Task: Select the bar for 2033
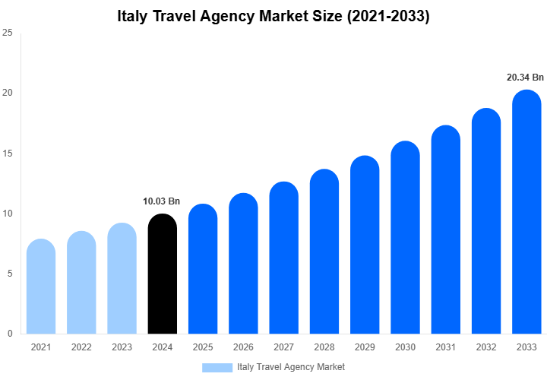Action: point(526,213)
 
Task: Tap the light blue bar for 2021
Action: point(41,287)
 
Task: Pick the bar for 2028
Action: point(324,252)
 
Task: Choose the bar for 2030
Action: point(405,238)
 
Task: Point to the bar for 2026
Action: point(243,264)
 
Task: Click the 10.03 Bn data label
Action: point(162,201)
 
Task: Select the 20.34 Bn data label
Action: point(526,78)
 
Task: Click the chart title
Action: point(273,16)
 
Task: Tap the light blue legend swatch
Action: point(217,367)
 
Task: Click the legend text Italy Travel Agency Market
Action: point(291,367)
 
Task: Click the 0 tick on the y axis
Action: point(9,334)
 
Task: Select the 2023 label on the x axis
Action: point(122,347)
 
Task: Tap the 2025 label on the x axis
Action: point(203,347)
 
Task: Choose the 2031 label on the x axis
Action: point(445,347)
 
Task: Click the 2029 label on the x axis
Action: point(365,347)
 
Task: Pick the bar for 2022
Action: point(81,283)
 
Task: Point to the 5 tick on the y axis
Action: point(9,274)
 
